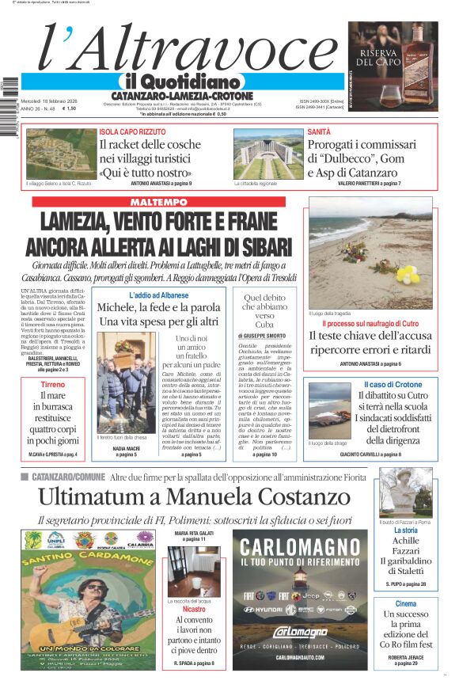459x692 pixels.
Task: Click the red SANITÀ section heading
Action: pos(319,131)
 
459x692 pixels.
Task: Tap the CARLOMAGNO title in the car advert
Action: pos(300,548)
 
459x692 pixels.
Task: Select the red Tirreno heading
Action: pos(53,384)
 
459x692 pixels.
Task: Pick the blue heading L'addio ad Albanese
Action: pos(159,295)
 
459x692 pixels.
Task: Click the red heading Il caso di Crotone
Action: pos(393,385)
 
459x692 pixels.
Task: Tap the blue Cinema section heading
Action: pos(405,603)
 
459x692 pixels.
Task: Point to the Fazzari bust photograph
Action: pos(405,492)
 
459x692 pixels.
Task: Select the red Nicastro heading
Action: pos(194,610)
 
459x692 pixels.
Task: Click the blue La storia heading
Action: pos(405,530)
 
